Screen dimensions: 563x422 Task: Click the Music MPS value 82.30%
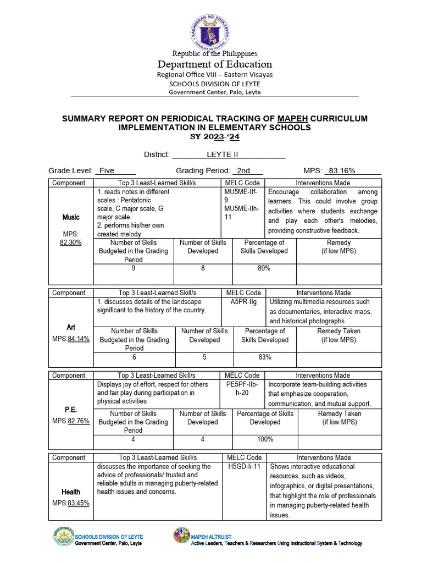coord(71,242)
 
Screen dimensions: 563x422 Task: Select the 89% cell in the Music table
coord(264,268)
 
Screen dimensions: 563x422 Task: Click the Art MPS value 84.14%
coord(79,338)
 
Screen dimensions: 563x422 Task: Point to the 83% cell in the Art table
coord(264,357)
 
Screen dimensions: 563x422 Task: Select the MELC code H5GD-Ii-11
coord(244,466)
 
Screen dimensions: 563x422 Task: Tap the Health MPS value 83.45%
coord(79,503)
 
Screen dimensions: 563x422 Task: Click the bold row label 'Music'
coord(71,217)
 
